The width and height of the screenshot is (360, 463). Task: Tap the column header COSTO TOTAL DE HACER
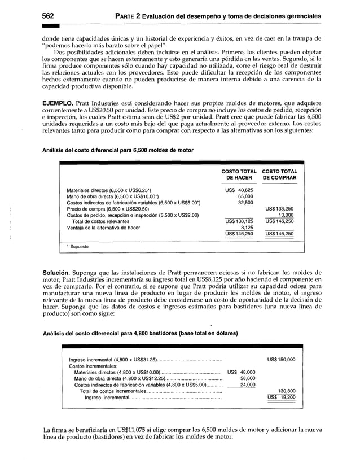[x=240, y=174]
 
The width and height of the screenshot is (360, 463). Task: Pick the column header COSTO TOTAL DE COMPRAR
[x=279, y=174]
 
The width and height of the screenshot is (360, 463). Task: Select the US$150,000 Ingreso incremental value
[x=281, y=360]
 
